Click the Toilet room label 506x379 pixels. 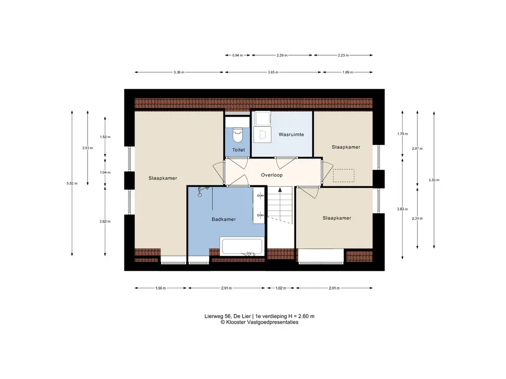(239, 150)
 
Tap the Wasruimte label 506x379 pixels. (291, 134)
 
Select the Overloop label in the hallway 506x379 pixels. (271, 175)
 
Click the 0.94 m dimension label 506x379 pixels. (238, 56)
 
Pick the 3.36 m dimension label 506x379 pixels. (178, 73)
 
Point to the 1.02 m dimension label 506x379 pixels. (281, 288)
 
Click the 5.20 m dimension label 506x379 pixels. (434, 180)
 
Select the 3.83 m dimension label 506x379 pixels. (402, 209)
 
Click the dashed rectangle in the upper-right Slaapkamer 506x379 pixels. (343, 176)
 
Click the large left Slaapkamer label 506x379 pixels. (163, 178)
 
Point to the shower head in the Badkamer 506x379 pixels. (200, 194)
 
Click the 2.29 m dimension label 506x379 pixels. (282, 56)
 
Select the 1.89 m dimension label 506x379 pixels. (347, 73)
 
